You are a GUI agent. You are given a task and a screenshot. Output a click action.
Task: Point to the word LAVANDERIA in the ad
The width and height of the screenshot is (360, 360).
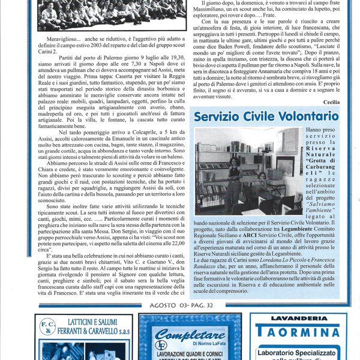298,319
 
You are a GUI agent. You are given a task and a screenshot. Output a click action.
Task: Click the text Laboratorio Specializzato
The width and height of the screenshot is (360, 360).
298,353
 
